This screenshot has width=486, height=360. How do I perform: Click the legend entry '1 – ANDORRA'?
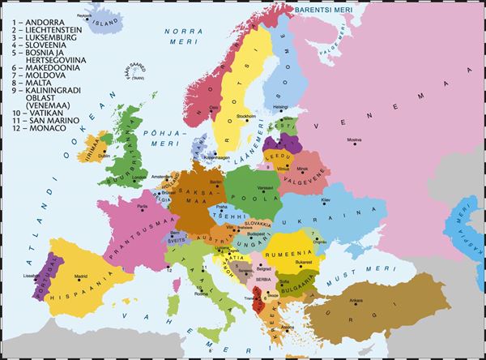[x=30, y=15]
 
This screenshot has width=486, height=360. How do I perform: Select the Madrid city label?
[x=81, y=276]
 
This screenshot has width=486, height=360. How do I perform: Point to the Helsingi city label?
[x=281, y=105]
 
